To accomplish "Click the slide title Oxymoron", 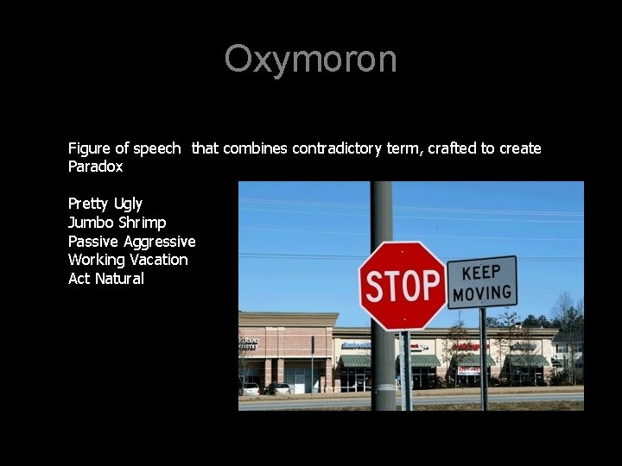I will pyautogui.click(x=311, y=60).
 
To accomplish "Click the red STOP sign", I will pyautogui.click(x=402, y=285).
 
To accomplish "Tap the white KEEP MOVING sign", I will pyautogui.click(x=481, y=282).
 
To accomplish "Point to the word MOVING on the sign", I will pyautogui.click(x=482, y=293).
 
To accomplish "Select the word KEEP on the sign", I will pyautogui.click(x=481, y=272).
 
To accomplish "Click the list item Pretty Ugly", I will pyautogui.click(x=105, y=204).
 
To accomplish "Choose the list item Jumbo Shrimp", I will pyautogui.click(x=117, y=223).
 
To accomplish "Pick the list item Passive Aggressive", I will pyautogui.click(x=132, y=242).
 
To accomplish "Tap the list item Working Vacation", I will pyautogui.click(x=128, y=260).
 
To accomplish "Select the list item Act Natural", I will pyautogui.click(x=106, y=279).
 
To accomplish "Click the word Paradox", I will pyautogui.click(x=96, y=167).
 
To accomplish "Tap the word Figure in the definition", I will pyautogui.click(x=89, y=148).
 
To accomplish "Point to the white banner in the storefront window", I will pyautogui.click(x=468, y=370).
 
